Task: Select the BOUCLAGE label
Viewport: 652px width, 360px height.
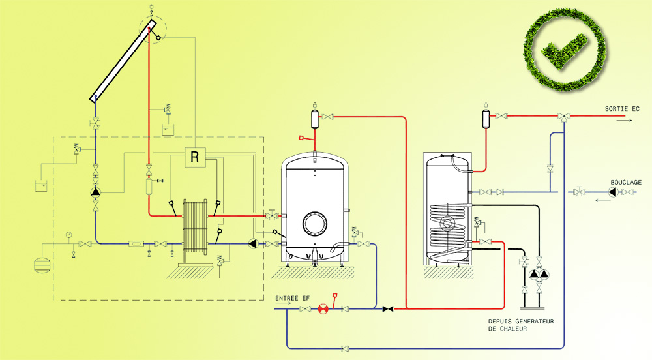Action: point(626,182)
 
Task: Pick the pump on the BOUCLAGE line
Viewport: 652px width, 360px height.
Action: point(612,192)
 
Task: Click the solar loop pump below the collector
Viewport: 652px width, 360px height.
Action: point(96,192)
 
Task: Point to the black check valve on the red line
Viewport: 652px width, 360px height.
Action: point(389,308)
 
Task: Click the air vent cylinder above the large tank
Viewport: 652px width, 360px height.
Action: point(314,118)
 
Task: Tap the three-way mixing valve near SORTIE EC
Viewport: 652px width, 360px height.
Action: point(563,117)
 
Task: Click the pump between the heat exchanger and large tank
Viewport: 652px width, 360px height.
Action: point(254,245)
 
